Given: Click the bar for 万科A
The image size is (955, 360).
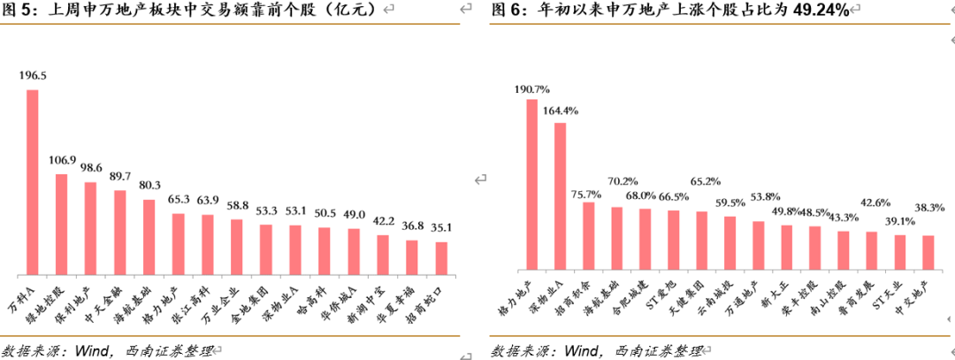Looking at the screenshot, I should [33, 181].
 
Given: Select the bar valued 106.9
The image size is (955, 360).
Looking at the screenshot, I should [61, 223].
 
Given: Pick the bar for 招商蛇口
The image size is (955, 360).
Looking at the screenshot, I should [440, 257].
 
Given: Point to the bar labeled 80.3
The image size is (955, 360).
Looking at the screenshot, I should [149, 235].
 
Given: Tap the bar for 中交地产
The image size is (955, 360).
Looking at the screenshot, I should [928, 251].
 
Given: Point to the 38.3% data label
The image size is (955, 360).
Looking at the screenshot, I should [929, 207].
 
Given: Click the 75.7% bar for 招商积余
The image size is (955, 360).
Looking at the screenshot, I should [588, 234].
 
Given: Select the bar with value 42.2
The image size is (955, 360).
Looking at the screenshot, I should [382, 253].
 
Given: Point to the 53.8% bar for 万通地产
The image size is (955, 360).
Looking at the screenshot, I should [758, 244].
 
